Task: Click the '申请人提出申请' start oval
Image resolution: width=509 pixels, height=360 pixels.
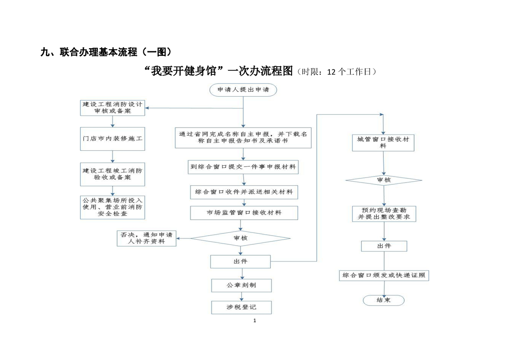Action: (x=243, y=90)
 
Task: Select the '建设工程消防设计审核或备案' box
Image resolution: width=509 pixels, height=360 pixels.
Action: (x=113, y=108)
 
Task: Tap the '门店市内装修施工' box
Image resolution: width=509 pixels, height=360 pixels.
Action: (x=113, y=139)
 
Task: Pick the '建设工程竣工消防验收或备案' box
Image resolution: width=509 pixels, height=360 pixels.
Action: (x=113, y=174)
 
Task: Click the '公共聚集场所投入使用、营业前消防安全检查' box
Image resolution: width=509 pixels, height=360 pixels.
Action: (x=113, y=207)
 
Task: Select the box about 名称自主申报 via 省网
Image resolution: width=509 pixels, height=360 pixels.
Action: (x=243, y=138)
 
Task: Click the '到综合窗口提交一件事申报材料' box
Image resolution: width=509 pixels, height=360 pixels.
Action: (x=243, y=167)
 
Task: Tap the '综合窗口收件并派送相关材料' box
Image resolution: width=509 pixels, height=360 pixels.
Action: (x=244, y=192)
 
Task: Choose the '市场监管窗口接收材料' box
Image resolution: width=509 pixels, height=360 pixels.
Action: (x=244, y=213)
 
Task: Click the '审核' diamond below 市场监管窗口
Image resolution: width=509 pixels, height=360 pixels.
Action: (x=240, y=238)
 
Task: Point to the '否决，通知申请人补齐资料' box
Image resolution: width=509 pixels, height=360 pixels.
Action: (x=147, y=238)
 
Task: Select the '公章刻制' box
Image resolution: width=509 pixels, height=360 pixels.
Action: (x=241, y=285)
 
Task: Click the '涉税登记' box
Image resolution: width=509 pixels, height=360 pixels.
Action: (x=241, y=307)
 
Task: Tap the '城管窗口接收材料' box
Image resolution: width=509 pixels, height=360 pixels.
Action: (x=383, y=143)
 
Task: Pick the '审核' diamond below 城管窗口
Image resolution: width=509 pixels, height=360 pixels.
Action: (x=384, y=180)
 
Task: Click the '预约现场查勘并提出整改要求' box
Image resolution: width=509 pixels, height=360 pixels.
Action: (x=384, y=214)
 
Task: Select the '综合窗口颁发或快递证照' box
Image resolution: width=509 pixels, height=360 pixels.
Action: (x=384, y=276)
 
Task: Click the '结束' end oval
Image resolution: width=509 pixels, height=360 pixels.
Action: (x=384, y=300)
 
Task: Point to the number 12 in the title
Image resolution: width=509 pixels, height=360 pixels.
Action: (x=331, y=72)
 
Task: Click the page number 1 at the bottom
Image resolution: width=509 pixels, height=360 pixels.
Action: (x=254, y=321)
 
